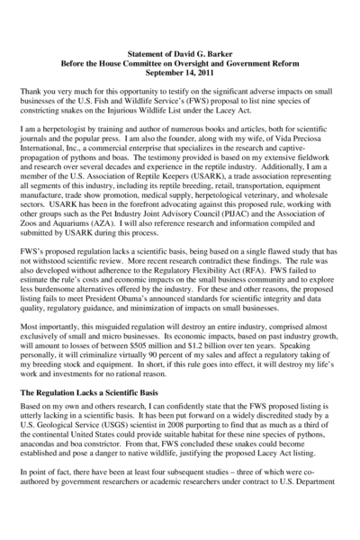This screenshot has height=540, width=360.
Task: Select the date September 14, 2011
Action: pyautogui.click(x=180, y=77)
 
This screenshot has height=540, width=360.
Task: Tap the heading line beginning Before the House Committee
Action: pyautogui.click(x=180, y=67)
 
